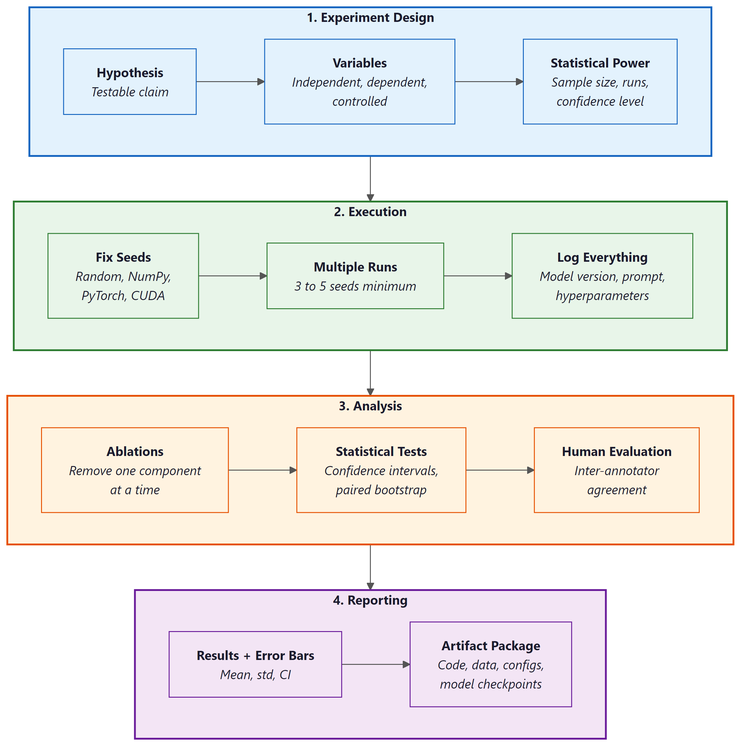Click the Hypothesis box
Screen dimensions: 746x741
coord(130,81)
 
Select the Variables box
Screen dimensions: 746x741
coord(359,81)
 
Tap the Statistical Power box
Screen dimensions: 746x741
coord(600,81)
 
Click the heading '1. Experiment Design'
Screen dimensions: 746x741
coord(370,18)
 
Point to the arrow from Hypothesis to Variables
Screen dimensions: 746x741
coord(230,81)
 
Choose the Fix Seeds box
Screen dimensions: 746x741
coord(123,276)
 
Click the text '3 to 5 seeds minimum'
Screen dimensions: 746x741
coord(355,286)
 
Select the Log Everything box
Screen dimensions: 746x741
coord(602,276)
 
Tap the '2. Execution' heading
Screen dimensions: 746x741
coord(370,212)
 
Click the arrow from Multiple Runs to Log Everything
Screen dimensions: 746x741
coord(477,276)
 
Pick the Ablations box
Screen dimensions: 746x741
coord(134,470)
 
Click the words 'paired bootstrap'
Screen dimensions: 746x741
coord(381,490)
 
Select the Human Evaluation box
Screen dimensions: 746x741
coord(616,470)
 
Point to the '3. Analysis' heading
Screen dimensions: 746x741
coord(370,406)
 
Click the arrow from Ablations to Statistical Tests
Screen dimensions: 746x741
coord(262,470)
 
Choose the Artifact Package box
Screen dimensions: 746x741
coord(490,664)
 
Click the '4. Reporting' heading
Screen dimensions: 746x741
coord(370,600)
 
